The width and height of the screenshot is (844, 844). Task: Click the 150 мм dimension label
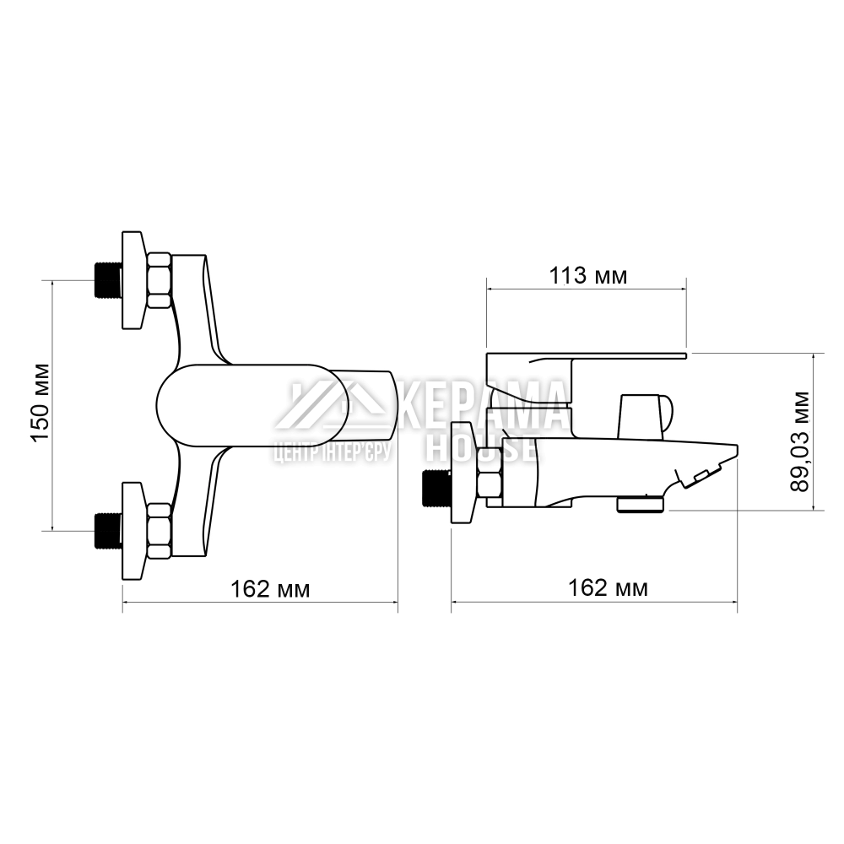(x=41, y=403)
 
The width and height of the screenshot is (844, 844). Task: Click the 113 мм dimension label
(x=587, y=276)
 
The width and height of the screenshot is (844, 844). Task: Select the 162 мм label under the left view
(x=270, y=589)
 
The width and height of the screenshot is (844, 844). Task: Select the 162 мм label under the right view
(x=609, y=587)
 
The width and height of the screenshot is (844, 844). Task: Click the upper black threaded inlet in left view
(x=108, y=280)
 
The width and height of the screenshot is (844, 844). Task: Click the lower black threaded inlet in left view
(x=108, y=531)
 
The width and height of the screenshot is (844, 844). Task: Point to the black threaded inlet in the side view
(x=436, y=488)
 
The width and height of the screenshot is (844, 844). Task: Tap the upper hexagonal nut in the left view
(x=160, y=280)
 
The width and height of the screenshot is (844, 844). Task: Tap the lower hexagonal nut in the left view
(x=160, y=531)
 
